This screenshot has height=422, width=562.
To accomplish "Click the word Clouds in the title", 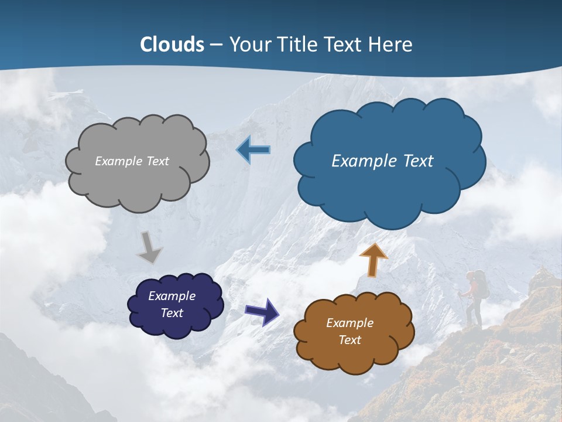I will pos(172,45).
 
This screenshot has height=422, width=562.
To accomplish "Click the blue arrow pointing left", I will pos(253,150).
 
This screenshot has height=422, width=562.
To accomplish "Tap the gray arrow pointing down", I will pos(149,247).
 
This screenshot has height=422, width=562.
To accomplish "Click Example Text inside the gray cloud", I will pos(132,161).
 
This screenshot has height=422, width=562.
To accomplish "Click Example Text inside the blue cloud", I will pos(382,161).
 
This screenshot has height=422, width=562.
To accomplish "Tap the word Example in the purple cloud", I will pos(172,296).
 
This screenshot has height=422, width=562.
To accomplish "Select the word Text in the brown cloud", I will pos(349,340).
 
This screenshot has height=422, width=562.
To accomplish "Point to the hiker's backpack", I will pos(481,283).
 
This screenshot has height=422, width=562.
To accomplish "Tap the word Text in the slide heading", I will pos(344,45).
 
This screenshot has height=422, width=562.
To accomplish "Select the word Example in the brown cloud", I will pos(349,323).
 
